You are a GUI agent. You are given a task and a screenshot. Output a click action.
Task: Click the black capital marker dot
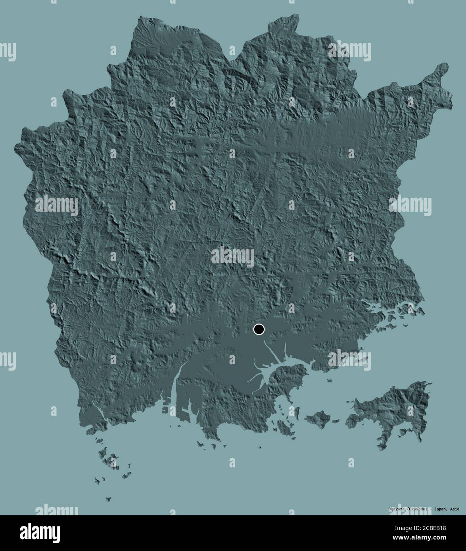(259, 329)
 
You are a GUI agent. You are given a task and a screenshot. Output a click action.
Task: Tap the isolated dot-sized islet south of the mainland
(260, 448)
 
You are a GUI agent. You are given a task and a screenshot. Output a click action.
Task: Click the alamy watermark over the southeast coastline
(349, 359)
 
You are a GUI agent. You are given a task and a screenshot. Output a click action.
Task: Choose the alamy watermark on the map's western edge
(57, 205)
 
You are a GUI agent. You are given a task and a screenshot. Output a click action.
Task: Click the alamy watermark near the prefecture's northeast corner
(349, 52)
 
